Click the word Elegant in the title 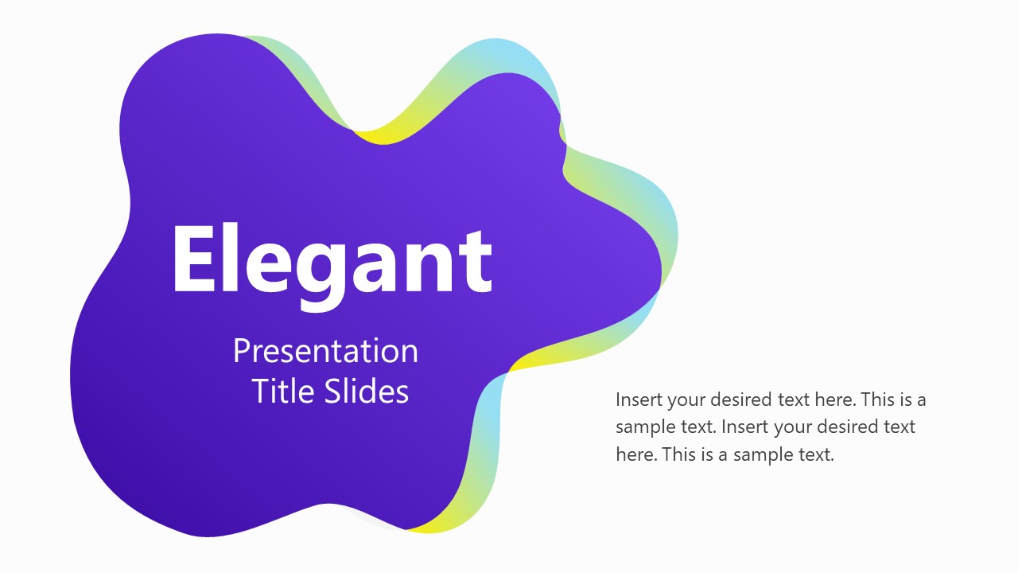tap(332, 259)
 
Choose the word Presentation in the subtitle tap(325, 351)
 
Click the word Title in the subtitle tap(284, 391)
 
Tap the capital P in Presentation tap(241, 351)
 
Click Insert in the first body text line tap(638, 399)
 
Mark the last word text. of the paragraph tap(815, 455)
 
